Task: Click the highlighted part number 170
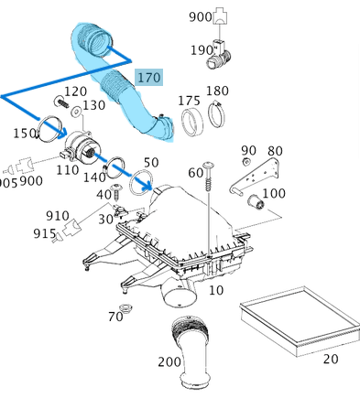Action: [148, 77]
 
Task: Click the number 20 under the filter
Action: [330, 359]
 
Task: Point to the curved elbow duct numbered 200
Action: [193, 352]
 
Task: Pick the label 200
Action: [169, 361]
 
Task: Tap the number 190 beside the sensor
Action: [202, 50]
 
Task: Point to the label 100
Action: [273, 193]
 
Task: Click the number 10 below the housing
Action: [216, 290]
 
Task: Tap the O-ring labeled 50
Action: [142, 183]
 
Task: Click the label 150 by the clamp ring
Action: [24, 133]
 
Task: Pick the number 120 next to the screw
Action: [75, 91]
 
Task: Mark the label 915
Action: [45, 233]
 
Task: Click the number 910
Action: [57, 216]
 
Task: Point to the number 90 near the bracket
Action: [248, 150]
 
